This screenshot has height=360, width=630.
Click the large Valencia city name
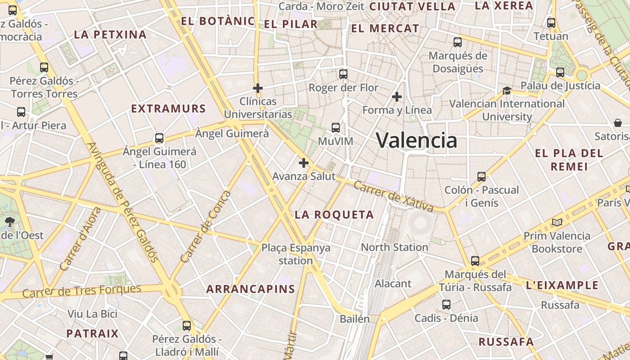[416, 140]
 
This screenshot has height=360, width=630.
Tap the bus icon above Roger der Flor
[343, 74]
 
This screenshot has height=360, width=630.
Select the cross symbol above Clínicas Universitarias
[258, 88]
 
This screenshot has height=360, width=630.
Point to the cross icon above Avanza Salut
[304, 163]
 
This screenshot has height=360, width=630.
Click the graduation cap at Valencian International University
[507, 91]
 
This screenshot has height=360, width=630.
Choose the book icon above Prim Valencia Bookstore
[557, 222]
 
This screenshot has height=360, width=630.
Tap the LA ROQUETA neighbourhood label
[334, 215]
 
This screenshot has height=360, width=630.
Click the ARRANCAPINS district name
[251, 289]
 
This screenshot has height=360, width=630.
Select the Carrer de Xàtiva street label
[393, 196]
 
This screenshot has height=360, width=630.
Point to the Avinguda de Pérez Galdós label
[122, 202]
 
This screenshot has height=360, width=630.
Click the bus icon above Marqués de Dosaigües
[458, 42]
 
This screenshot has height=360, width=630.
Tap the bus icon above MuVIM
[336, 128]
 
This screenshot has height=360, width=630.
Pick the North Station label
[394, 247]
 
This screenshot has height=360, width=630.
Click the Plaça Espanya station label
[296, 254]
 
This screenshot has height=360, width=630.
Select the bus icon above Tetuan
[551, 23]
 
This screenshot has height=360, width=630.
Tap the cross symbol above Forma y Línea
[397, 97]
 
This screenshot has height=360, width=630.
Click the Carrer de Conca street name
[205, 227]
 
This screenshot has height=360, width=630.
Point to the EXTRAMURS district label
[168, 108]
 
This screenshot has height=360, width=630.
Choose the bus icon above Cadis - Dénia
[446, 305]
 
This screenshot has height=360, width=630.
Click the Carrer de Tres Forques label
[82, 291]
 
